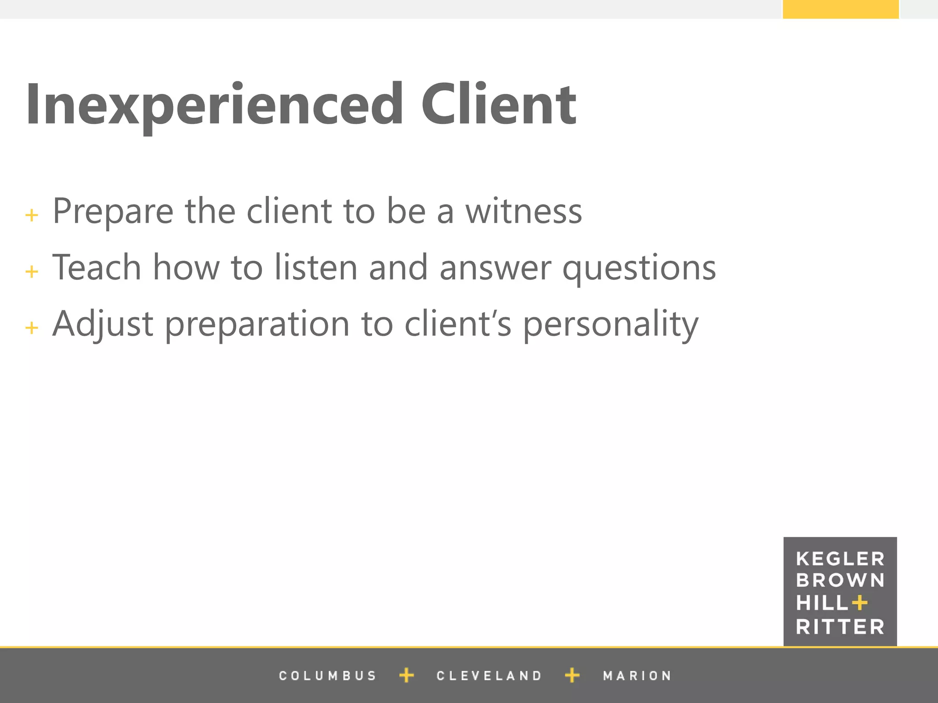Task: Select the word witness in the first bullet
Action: pos(524,211)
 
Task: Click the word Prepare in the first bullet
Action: pos(113,211)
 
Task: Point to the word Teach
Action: pos(97,268)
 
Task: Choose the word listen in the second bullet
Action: pos(316,268)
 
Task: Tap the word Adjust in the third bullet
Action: pos(103,324)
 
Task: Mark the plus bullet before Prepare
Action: pos(32,215)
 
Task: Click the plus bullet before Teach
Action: pos(32,272)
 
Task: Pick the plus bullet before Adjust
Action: pos(32,328)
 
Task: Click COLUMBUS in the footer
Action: pos(327,676)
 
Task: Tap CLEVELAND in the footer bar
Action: pos(489,676)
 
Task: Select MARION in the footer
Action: pos(637,676)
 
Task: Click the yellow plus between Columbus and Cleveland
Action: pos(406,675)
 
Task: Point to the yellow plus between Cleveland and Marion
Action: pos(572,675)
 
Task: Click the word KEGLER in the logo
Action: pos(840,559)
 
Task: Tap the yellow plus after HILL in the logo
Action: pos(860,603)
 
